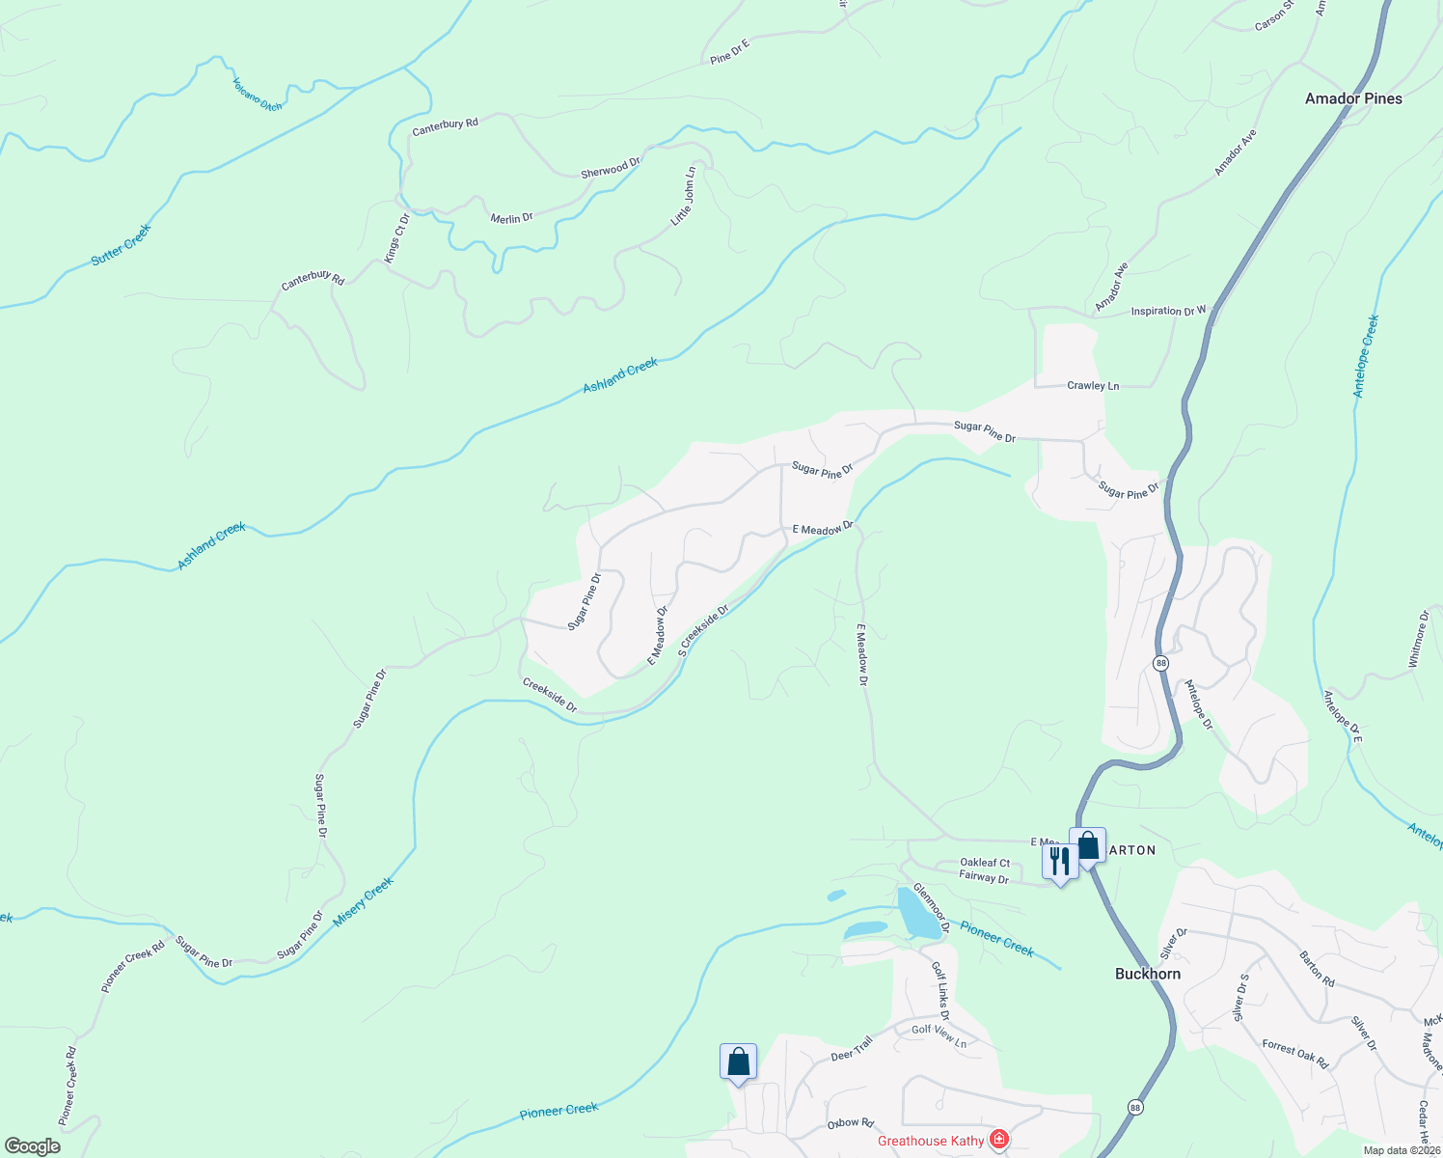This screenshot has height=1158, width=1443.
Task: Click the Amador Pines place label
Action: click(1353, 98)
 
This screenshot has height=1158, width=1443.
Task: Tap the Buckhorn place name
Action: click(1147, 974)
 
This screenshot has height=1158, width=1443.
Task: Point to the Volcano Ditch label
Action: click(258, 95)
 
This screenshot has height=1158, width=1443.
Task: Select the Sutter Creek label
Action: click(122, 245)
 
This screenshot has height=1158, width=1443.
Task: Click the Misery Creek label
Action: click(363, 901)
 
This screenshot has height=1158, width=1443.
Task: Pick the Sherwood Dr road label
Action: click(611, 169)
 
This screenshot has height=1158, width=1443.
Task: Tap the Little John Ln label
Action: click(683, 197)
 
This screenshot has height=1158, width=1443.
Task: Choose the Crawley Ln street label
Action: click(1093, 386)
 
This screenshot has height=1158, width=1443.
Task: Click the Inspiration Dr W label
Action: click(1168, 311)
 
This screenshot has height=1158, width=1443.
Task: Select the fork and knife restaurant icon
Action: click(1060, 861)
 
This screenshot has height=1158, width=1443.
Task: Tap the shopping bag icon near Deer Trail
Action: click(738, 1061)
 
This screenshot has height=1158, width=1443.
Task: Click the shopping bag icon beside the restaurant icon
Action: click(1088, 846)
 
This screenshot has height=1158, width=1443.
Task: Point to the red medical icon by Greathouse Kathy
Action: click(999, 1140)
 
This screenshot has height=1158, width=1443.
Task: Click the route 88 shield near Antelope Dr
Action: click(1160, 663)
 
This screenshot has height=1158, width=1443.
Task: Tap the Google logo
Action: click(32, 1145)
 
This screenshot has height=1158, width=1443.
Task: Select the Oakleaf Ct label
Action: click(985, 863)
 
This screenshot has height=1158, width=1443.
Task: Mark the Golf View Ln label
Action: click(939, 1035)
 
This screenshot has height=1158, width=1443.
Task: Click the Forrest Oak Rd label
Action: click(1294, 1054)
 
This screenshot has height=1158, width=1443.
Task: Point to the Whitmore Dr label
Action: click(1417, 638)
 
